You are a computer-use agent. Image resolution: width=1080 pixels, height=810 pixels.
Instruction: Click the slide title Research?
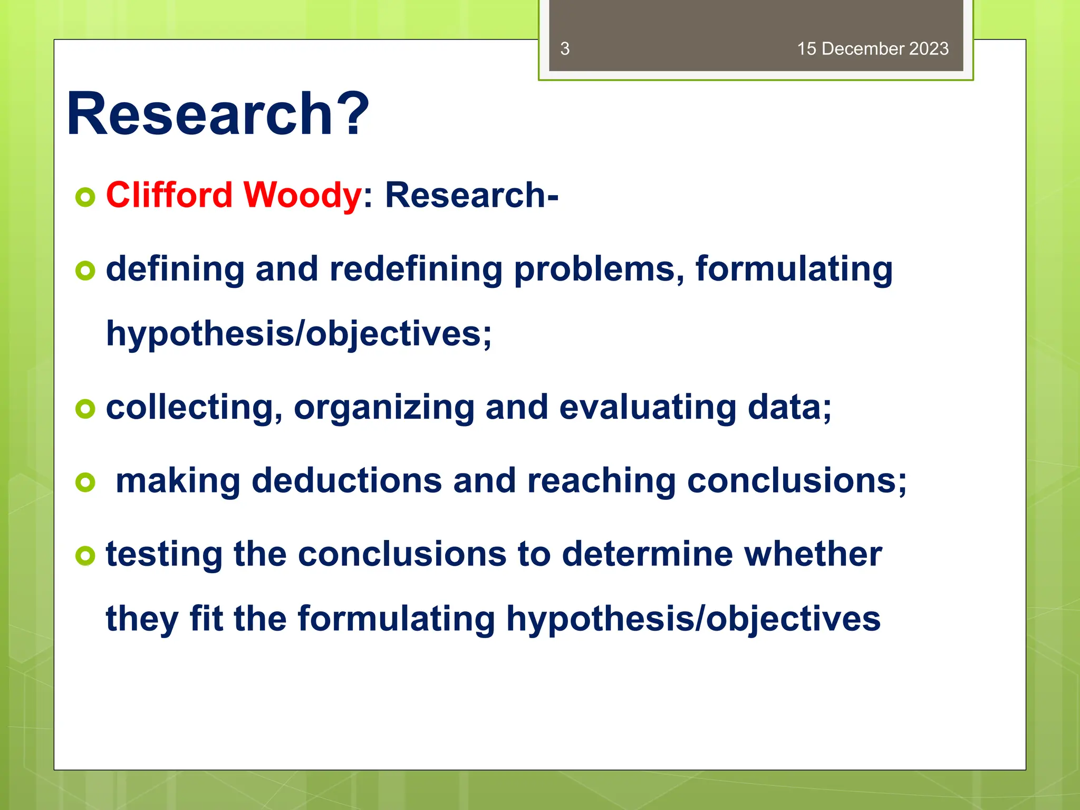(218, 114)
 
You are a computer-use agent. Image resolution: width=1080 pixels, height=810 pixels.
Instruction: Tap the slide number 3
(565, 49)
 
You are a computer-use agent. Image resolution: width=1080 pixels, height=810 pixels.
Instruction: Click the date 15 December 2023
(872, 49)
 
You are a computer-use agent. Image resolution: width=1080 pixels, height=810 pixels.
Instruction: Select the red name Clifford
(169, 195)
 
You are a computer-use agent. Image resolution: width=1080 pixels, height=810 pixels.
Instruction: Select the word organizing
(384, 408)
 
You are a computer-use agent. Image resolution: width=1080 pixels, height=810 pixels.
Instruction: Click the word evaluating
(647, 408)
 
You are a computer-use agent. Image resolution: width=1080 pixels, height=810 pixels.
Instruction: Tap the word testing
(164, 555)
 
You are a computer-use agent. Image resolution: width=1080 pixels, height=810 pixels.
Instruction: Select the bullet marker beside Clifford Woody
(85, 197)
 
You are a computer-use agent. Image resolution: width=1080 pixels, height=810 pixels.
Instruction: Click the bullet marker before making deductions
(85, 482)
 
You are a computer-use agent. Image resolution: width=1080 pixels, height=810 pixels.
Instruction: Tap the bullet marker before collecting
(85, 409)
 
